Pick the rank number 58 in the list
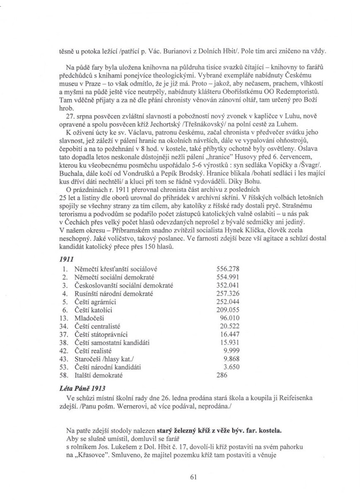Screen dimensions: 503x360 [63, 377]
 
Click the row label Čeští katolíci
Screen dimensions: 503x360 [93, 310]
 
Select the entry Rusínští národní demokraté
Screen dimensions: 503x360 [114, 294]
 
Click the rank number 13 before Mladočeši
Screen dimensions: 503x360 [63, 318]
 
